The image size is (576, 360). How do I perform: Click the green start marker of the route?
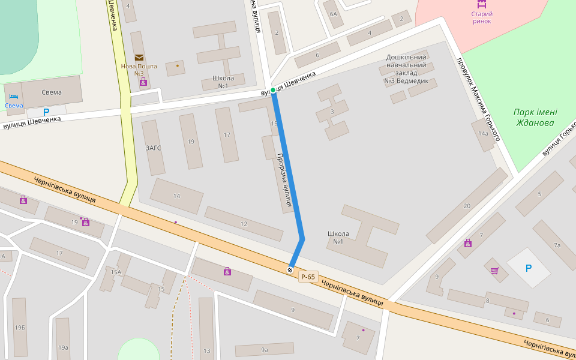273,90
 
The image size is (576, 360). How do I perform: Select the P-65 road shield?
308,277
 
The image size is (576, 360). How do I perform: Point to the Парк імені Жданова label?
535,118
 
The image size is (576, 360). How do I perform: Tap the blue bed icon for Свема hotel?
14,97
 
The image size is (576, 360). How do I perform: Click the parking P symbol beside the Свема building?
46,112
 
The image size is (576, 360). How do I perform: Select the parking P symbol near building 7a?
528,268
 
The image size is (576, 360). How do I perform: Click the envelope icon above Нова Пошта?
139,58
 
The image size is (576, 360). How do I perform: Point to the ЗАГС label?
153,148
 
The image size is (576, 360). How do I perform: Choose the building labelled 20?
467,206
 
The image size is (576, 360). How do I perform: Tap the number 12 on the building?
244,224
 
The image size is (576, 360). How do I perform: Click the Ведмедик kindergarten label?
406,69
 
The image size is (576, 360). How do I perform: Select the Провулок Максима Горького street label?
478,100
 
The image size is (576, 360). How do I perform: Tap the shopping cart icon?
494,271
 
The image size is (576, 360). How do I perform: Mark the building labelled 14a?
483,134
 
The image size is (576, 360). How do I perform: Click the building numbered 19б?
20,327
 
